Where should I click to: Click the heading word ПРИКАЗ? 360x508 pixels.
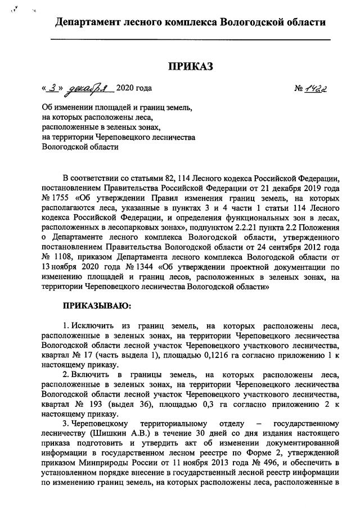[x=191, y=67]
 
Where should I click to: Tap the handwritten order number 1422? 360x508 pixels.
[x=317, y=88]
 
